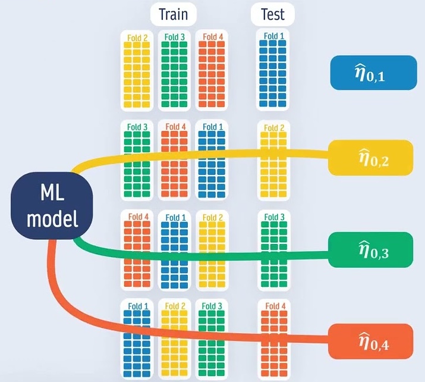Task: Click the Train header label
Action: (173, 14)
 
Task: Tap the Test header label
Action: (272, 14)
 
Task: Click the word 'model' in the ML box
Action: (51, 221)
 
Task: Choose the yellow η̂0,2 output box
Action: (370, 158)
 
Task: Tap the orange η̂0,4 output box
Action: (370, 341)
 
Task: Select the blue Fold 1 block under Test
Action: (274, 70)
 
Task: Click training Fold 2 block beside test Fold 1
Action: (137, 70)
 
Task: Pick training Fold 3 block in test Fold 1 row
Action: (174, 70)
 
